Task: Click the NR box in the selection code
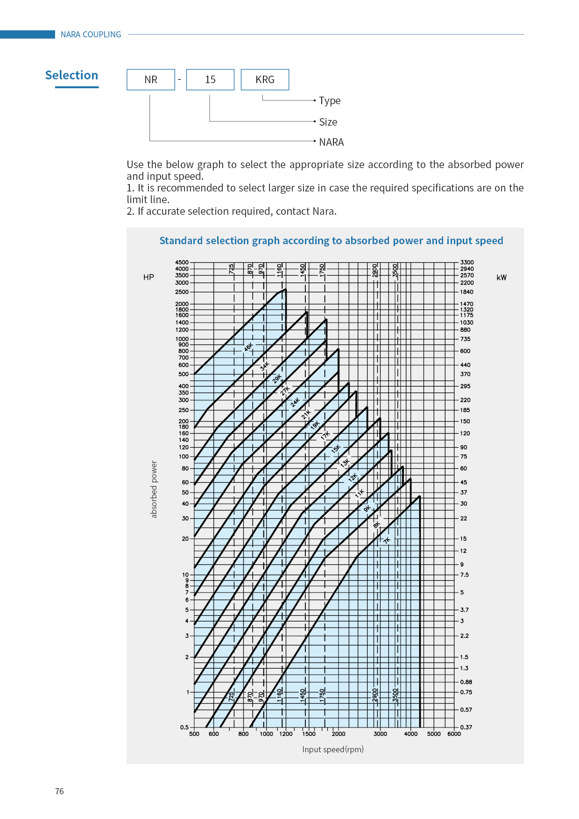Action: point(151,79)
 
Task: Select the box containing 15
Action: point(210,79)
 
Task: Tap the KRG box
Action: point(265,79)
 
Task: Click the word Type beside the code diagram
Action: point(330,101)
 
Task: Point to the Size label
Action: point(328,122)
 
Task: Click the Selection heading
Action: point(71,75)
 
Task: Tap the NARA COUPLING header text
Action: point(91,35)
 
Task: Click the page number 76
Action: point(59,791)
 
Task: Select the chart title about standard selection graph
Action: point(331,240)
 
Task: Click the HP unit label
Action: point(148,277)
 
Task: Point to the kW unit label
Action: point(501,277)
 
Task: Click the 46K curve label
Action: point(248,347)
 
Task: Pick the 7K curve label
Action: point(387,540)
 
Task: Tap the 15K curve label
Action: point(336,449)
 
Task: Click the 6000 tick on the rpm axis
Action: point(454,734)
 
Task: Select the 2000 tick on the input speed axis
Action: point(339,734)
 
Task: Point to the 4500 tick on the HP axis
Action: point(182,262)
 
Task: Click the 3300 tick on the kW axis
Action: point(467,262)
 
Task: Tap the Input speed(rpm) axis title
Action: point(332,749)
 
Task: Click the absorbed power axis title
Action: point(154,489)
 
